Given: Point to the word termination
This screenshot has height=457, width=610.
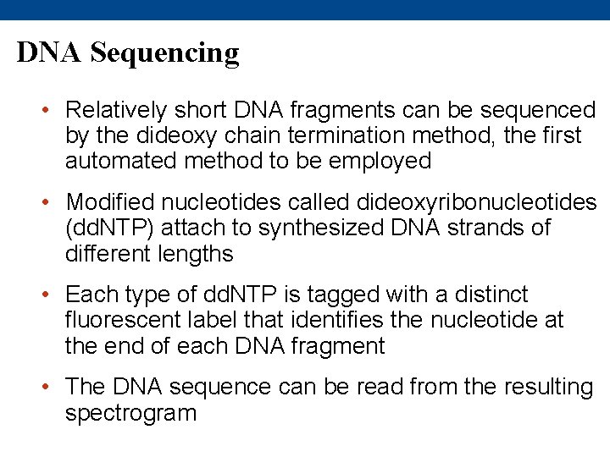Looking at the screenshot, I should pos(363,135).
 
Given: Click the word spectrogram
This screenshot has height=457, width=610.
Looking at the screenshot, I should pos(130,413).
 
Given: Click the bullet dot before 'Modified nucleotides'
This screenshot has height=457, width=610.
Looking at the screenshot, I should pos(52,203).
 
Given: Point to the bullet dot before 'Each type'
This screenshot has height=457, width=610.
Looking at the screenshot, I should pos(52,295).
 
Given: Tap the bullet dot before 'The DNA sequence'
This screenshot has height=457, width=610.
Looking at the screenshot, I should pos(52,388).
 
